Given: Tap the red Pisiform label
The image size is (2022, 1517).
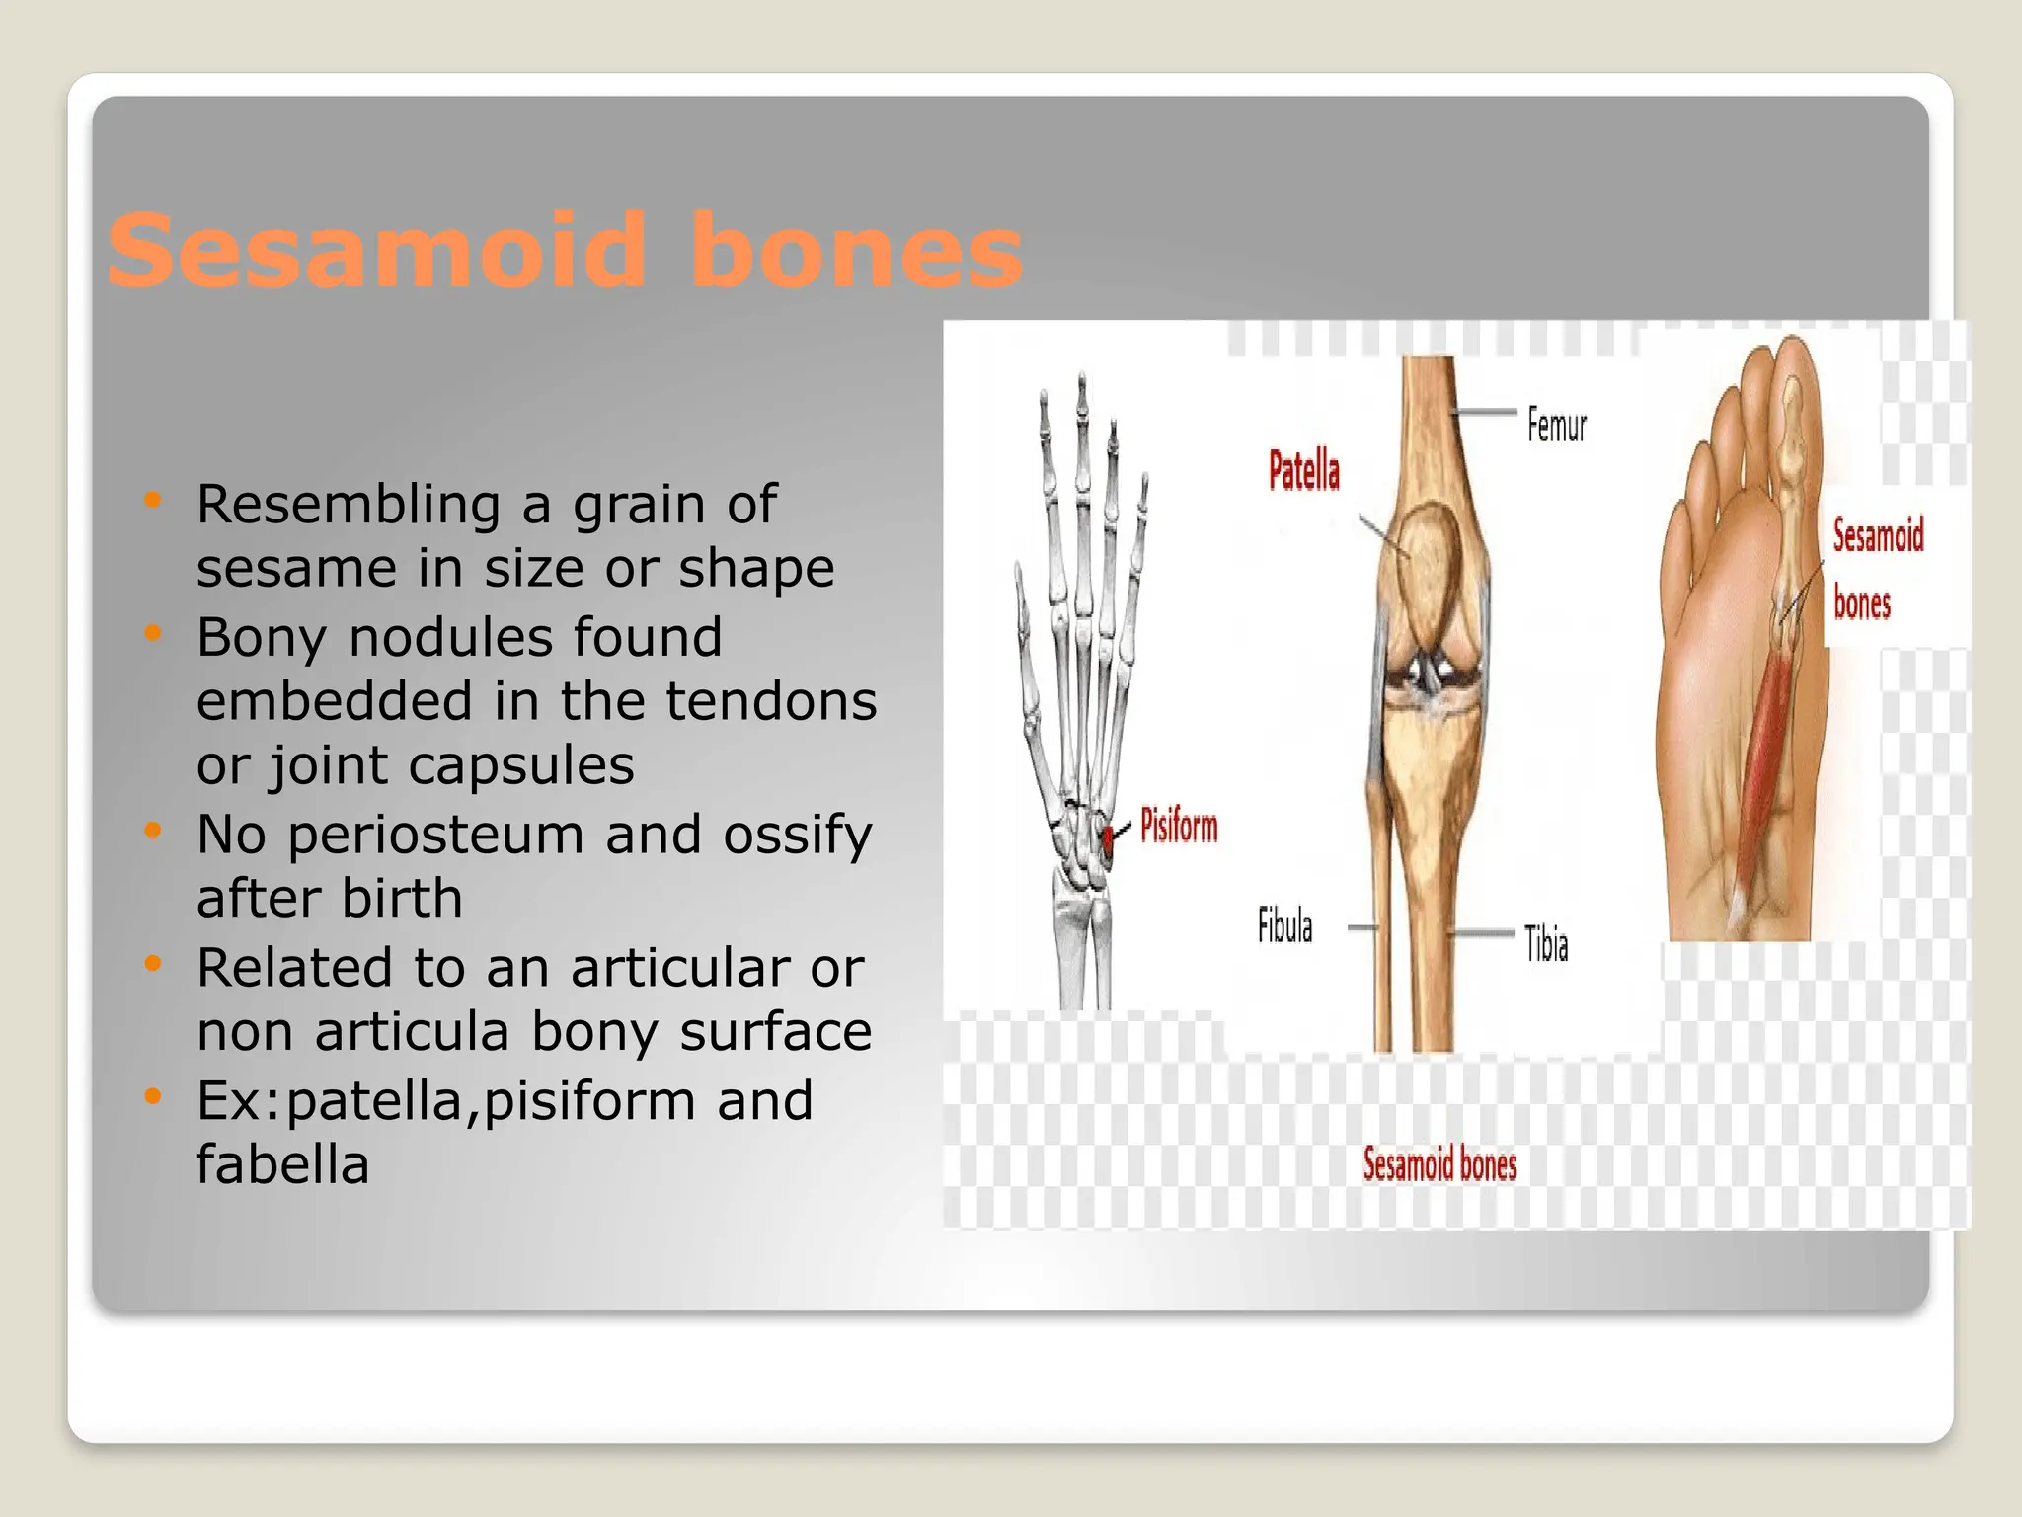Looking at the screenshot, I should (1178, 826).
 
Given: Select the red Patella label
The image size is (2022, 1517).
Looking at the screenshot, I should (1303, 471).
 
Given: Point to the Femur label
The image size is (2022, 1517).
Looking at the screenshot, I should (1556, 426).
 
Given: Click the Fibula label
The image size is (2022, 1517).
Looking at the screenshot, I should (1284, 926).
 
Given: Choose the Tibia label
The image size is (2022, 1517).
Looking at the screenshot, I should (1546, 944).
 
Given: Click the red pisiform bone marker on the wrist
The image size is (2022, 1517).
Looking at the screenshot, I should (1109, 838).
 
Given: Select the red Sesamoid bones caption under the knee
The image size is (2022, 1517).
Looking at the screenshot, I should (1439, 1164).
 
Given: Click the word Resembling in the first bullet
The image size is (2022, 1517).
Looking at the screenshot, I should (349, 505).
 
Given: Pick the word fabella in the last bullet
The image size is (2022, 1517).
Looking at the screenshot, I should (282, 1164).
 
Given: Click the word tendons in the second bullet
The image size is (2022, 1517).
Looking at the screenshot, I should (770, 701).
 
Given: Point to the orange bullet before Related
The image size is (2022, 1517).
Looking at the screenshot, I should (152, 963).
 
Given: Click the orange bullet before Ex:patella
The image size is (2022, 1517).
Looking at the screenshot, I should (152, 1095).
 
